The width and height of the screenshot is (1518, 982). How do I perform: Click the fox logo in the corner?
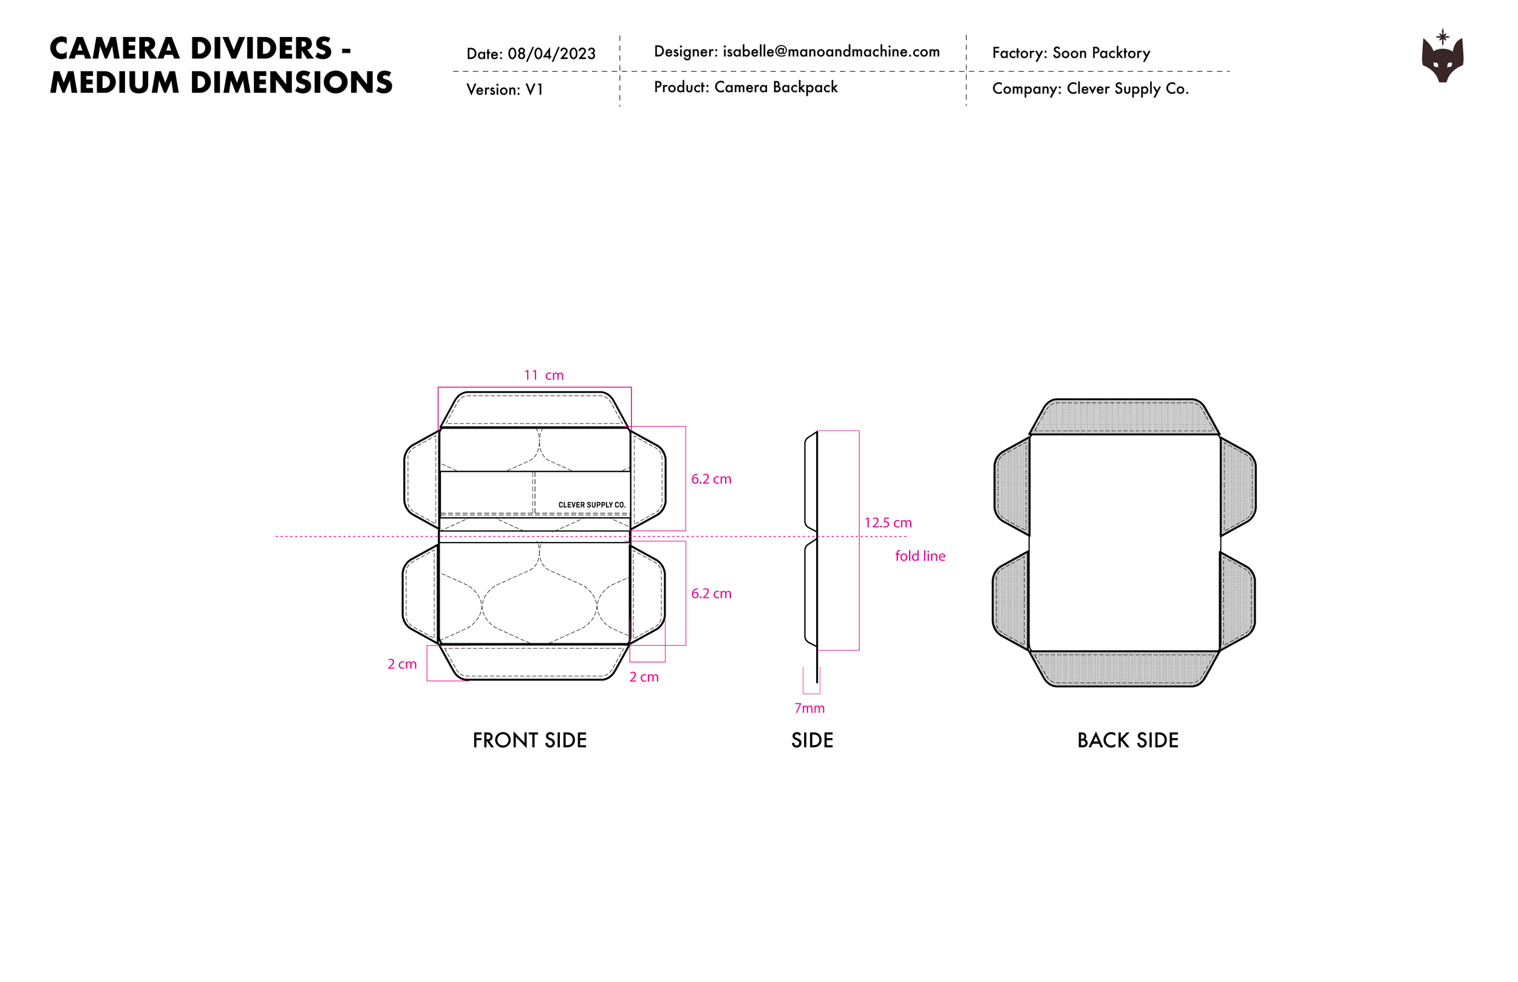point(1442,58)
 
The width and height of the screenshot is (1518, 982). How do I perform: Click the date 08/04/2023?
point(551,53)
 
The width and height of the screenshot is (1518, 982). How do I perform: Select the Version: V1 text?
point(505,89)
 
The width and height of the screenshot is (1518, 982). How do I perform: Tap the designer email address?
point(831,52)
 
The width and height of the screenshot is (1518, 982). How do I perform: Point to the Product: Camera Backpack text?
point(746,87)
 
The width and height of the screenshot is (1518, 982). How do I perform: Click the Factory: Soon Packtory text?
point(1071,53)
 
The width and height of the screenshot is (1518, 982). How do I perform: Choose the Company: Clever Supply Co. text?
point(1090,89)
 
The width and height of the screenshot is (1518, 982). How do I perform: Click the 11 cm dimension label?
point(543,376)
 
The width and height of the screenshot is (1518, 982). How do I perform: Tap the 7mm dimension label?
point(809,708)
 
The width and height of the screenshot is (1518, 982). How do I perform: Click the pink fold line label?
point(920,556)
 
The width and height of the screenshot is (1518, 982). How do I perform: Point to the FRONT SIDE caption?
point(529,740)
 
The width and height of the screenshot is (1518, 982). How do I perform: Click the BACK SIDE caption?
point(1128,740)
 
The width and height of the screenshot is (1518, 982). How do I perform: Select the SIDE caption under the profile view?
point(812,740)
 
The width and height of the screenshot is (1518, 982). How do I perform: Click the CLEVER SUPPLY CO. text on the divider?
point(592,505)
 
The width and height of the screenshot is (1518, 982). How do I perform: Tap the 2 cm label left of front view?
point(402,665)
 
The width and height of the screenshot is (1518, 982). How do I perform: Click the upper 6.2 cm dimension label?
point(711,479)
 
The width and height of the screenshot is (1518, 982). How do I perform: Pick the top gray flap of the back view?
point(1124,418)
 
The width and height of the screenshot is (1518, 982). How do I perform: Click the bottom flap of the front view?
point(534,663)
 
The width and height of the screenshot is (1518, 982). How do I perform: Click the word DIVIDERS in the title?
point(262,49)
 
